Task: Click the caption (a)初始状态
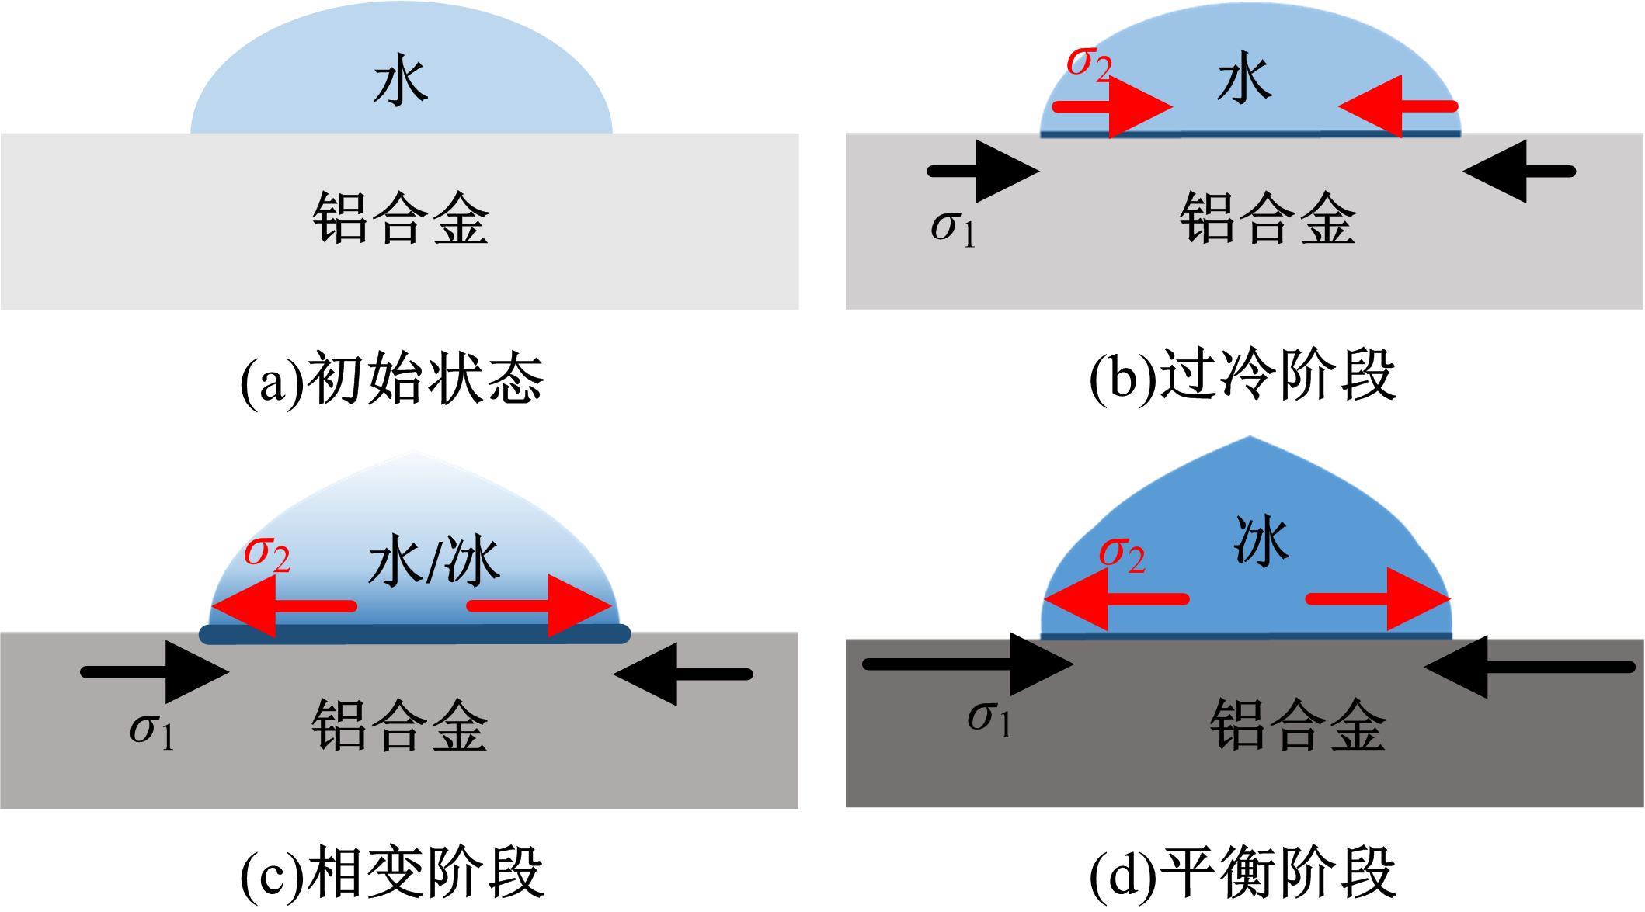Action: pos(391,380)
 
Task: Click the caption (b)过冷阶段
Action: pos(1243,376)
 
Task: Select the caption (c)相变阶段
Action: pos(391,873)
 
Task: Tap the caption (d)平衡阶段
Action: pos(1243,873)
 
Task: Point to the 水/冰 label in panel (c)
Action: pos(433,563)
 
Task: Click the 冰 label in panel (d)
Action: pos(1261,542)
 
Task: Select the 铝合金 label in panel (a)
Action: pos(401,220)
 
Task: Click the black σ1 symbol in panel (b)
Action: pos(952,227)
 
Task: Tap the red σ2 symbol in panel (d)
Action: pos(1122,554)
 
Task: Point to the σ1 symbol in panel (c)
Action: pos(151,730)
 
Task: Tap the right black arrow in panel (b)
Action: pos(1518,172)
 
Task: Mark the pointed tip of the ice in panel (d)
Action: pos(1247,439)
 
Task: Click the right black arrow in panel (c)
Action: pos(683,674)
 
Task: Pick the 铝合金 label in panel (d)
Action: pos(1298,725)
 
